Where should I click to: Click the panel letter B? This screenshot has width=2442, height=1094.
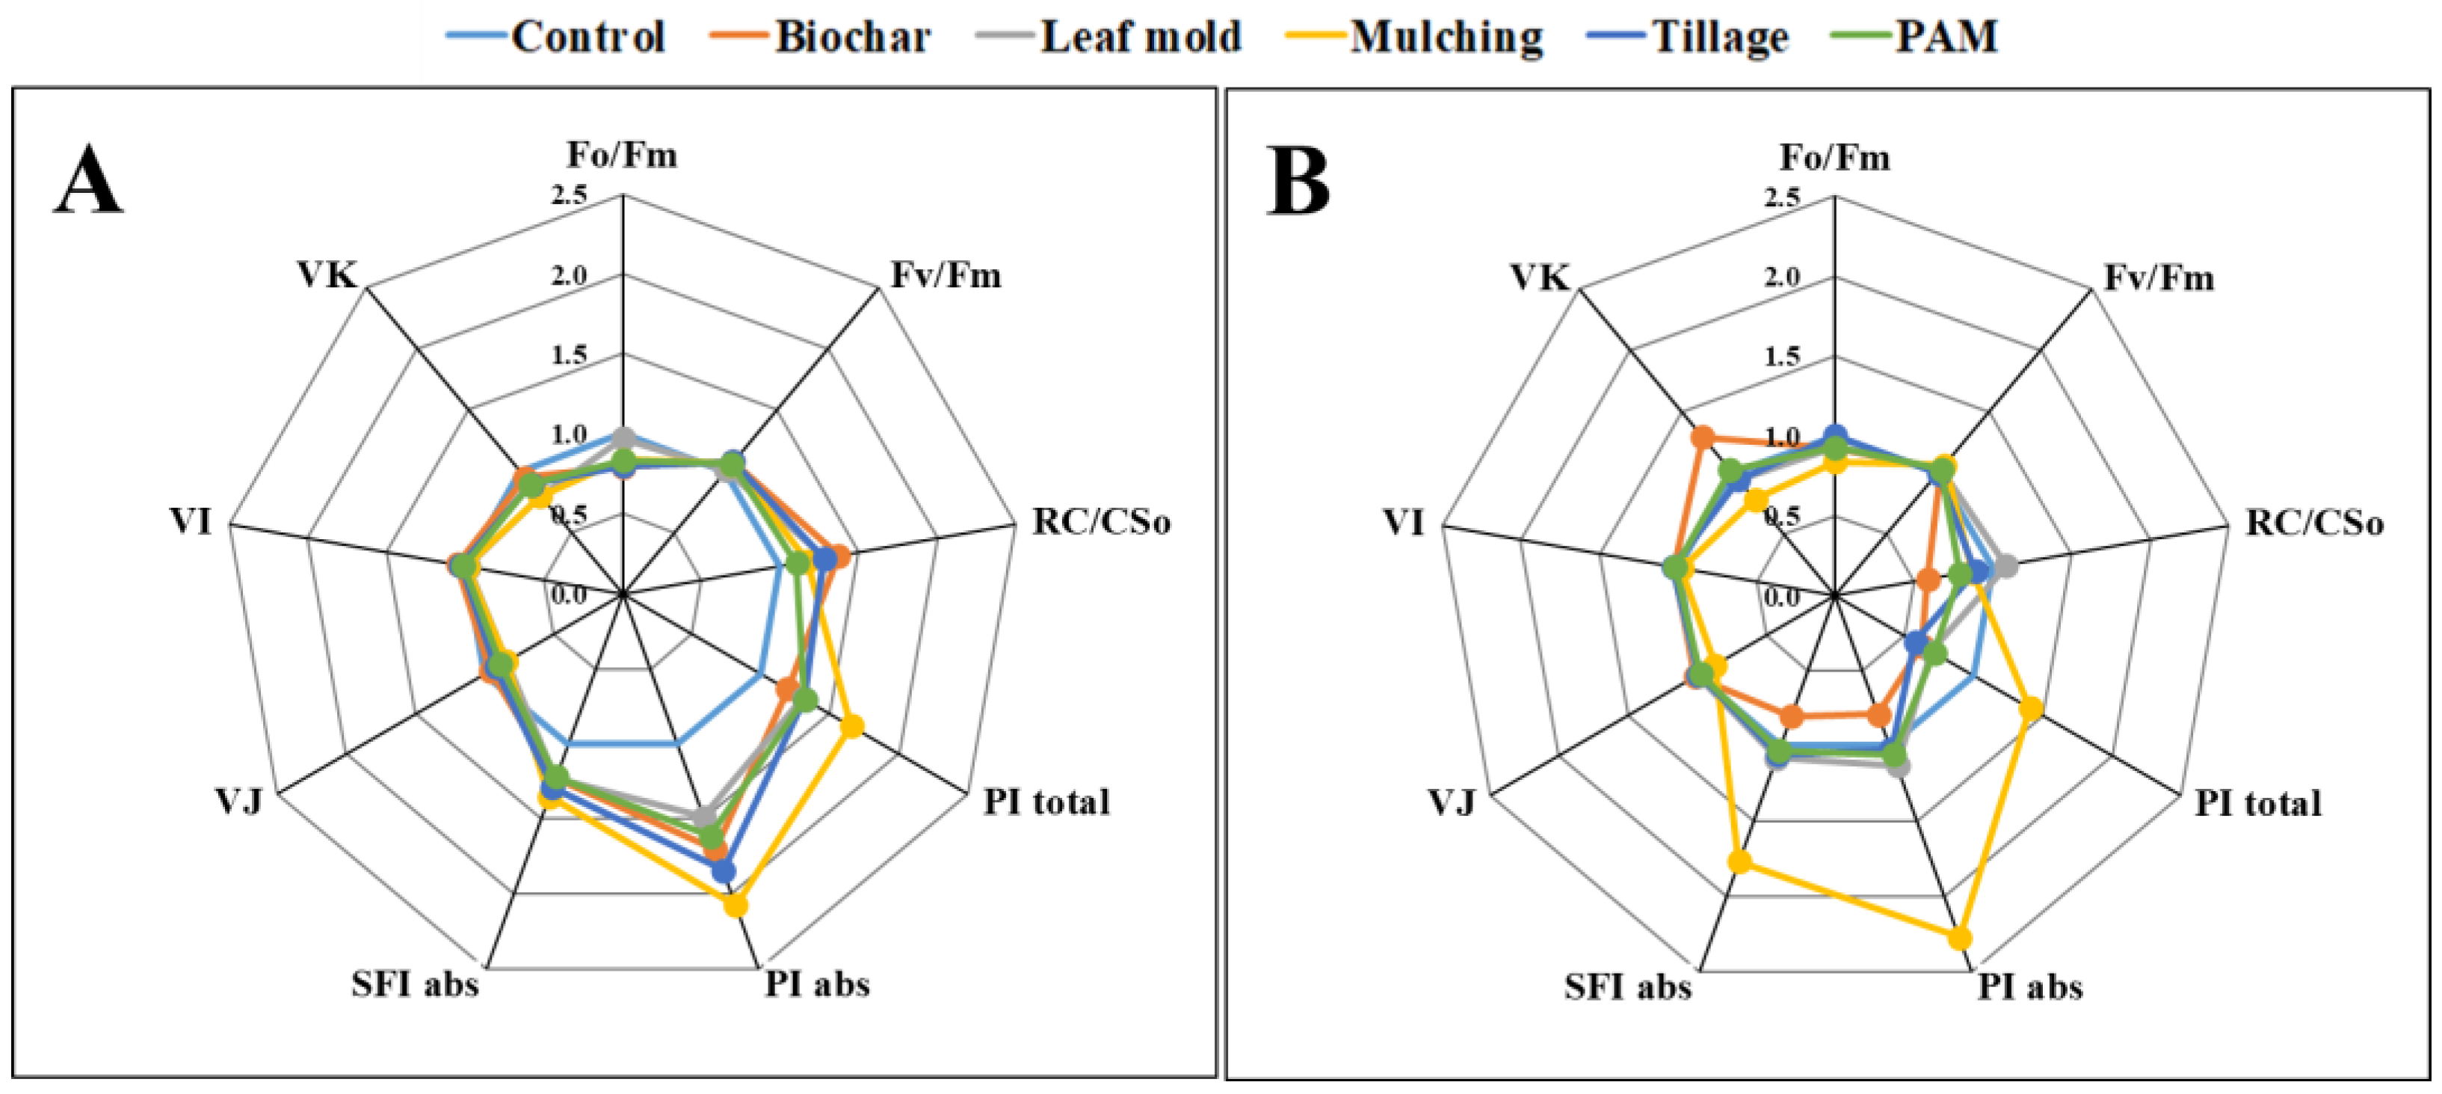click(x=1298, y=183)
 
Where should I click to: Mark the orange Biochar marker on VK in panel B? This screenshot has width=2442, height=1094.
click(x=1703, y=437)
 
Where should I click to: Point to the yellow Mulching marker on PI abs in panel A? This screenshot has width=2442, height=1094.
click(x=736, y=906)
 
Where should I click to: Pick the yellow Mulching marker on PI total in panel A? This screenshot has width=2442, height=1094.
click(x=852, y=727)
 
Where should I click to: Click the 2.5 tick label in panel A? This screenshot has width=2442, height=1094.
click(x=569, y=195)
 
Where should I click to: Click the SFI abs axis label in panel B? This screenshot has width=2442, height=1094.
click(x=1628, y=987)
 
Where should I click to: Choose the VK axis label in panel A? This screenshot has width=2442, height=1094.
click(x=327, y=275)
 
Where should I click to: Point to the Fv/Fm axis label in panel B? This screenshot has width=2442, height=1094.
click(x=2159, y=277)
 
